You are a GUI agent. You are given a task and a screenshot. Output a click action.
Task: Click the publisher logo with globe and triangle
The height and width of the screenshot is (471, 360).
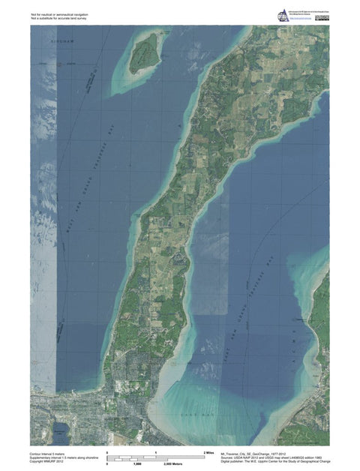pyautogui.click(x=282, y=14)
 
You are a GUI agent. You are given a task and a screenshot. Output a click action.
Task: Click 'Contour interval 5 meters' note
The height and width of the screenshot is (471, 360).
pyautogui.click(x=52, y=454)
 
